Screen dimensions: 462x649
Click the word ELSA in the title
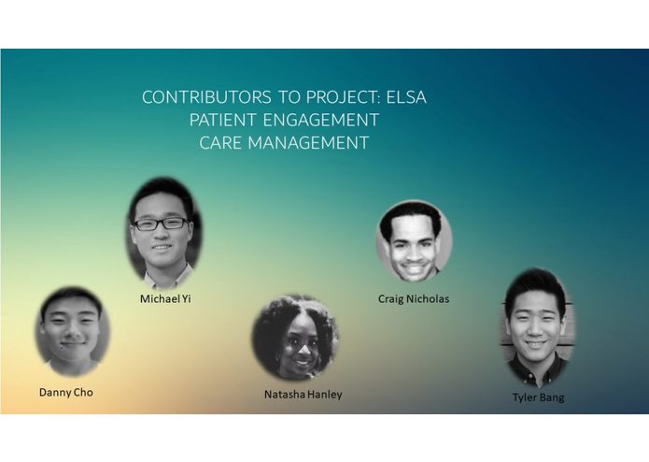(x=403, y=97)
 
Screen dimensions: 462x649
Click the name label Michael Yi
(x=165, y=299)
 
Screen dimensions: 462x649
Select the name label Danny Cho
(x=65, y=392)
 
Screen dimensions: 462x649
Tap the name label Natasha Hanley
(x=303, y=395)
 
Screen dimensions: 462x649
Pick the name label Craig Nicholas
(x=414, y=299)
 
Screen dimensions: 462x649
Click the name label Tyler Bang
(x=538, y=397)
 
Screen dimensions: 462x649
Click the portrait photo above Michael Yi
(x=164, y=232)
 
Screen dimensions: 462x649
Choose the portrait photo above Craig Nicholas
(x=414, y=241)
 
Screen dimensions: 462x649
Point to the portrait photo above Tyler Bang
(x=538, y=327)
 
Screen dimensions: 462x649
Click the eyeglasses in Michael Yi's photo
(x=162, y=224)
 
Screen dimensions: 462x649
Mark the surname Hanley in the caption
(x=323, y=395)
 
